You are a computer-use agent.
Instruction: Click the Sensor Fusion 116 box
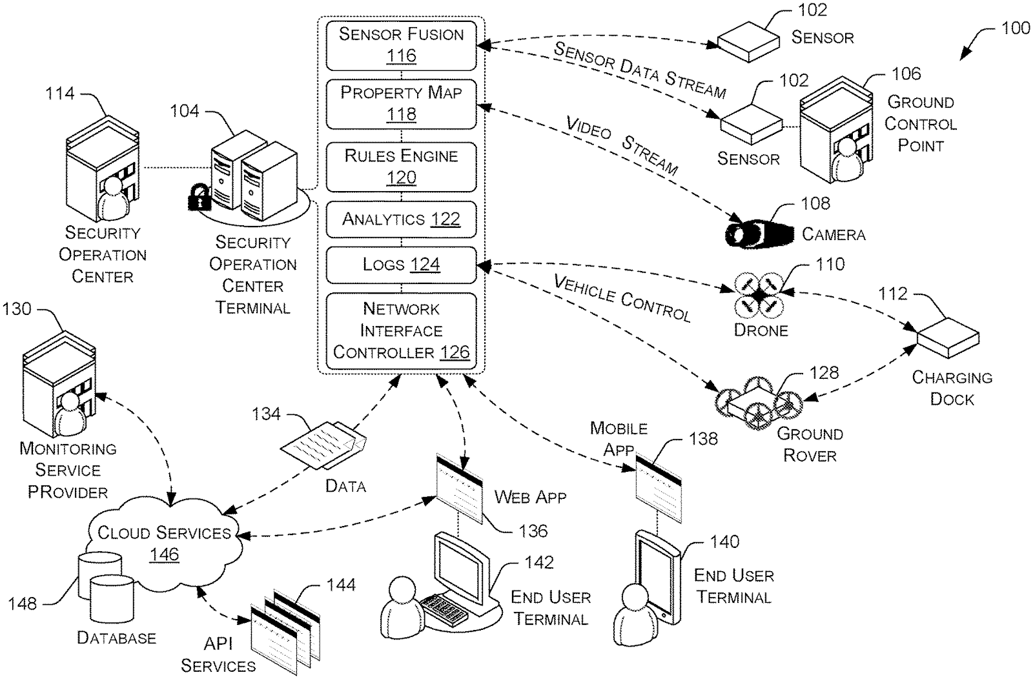tap(401, 45)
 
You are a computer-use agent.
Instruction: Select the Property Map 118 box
tap(401, 103)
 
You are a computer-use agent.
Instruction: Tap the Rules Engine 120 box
tap(401, 167)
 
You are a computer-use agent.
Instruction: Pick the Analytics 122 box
tap(401, 219)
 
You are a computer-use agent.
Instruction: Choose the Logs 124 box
tap(401, 264)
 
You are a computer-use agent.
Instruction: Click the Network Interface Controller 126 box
tap(401, 330)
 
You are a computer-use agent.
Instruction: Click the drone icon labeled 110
tap(759, 295)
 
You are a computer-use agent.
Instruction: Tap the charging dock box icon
tap(948, 337)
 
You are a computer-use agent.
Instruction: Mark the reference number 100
tap(1015, 28)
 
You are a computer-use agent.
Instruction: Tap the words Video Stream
tap(621, 146)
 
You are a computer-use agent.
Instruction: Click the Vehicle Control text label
tap(622, 298)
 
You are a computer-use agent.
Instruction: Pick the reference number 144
tap(341, 585)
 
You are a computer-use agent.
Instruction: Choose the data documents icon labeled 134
tap(323, 445)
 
